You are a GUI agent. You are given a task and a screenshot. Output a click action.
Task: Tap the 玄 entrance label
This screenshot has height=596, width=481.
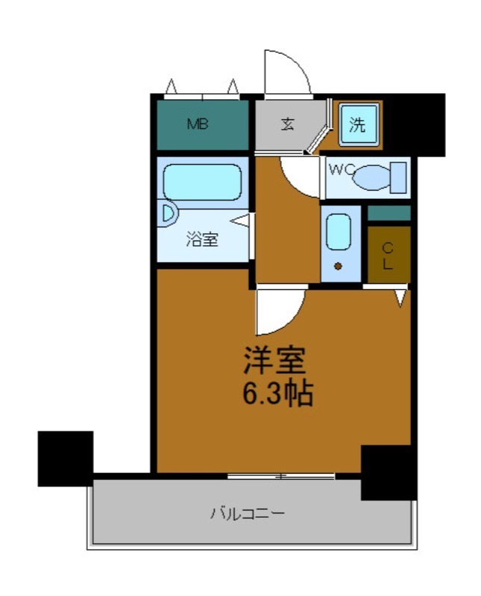point(288,124)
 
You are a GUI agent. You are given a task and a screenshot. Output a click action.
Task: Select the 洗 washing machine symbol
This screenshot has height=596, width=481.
point(359,124)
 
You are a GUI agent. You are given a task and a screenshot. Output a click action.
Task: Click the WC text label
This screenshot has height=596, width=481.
point(339,169)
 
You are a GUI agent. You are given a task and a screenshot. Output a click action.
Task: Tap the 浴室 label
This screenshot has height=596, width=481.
point(201,240)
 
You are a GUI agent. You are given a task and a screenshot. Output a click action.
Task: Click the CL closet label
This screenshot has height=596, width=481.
point(388,255)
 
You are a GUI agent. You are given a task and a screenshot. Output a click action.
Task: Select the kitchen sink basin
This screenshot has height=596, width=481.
point(339,232)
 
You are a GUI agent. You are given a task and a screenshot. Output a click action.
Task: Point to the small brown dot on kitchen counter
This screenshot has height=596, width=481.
point(338,266)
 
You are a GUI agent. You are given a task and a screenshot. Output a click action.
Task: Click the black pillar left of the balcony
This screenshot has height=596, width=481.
point(66,457)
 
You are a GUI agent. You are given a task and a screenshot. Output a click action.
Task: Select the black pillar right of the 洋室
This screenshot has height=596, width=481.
point(388,472)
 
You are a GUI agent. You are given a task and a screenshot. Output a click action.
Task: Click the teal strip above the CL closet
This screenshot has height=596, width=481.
point(389,213)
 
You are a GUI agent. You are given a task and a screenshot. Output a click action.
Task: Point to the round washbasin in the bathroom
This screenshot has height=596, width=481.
point(168,215)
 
